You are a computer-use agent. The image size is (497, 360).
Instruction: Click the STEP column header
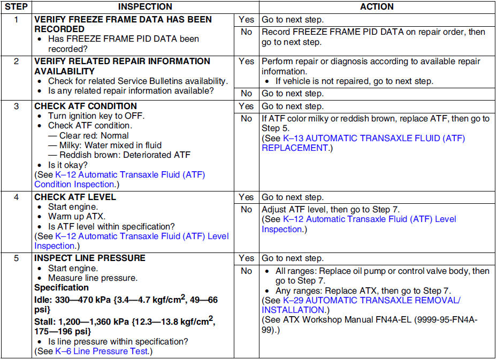point(16,7)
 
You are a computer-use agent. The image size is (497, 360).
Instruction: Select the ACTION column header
point(377,7)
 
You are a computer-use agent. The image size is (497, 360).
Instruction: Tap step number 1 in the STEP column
point(16,19)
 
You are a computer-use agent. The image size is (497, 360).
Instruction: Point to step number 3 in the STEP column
point(16,106)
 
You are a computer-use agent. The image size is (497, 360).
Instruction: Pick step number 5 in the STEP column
point(16,258)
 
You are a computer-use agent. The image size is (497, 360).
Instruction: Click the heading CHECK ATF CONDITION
point(86,106)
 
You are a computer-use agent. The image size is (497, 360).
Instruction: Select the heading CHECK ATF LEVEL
point(75,197)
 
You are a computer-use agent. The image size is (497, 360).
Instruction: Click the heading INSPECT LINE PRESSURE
point(90,258)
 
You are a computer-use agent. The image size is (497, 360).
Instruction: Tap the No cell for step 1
point(246,32)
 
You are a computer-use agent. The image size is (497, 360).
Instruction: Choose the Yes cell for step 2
point(246,61)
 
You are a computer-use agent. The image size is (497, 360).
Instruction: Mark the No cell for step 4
point(246,210)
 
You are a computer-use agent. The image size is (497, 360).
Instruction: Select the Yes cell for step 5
point(246,258)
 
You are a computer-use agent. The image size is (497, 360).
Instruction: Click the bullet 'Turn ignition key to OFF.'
point(96,116)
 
